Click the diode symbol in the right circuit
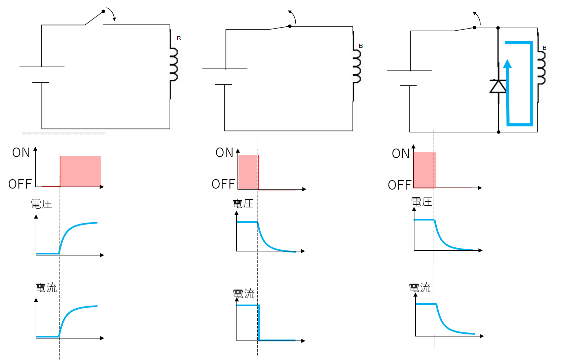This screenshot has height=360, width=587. coord(498,86)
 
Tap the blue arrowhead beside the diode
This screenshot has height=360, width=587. coord(507,64)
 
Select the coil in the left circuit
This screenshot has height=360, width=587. coord(174,65)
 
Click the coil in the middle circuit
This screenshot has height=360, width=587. coord(357,66)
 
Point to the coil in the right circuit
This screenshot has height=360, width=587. coord(541,67)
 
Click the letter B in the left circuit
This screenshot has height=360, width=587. coord(179,38)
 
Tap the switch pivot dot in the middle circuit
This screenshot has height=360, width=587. coord(290,26)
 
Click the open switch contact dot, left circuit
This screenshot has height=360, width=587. coord(103,11)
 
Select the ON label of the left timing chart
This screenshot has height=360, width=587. coord(21,153)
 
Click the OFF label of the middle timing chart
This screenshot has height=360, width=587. coord(223,184)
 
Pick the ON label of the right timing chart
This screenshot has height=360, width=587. coord(401,154)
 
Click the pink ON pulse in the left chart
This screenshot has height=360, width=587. coord(81,171)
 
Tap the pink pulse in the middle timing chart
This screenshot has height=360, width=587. coord(248,172)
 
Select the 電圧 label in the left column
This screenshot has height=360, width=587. coord(42,204)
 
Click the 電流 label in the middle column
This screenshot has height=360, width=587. coord(244,293)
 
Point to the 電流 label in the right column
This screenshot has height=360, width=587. coord(420,287)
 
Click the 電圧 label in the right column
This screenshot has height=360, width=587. coord(422,202)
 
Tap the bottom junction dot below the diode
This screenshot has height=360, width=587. coord(499,132)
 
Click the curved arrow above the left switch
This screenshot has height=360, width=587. coord(112,13)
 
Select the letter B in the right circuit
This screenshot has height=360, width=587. coord(545,48)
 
